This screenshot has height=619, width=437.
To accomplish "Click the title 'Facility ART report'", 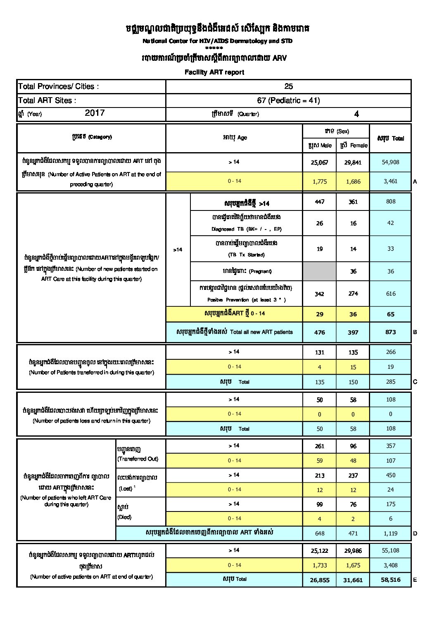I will [214, 72].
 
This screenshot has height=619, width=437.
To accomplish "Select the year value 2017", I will [95, 113].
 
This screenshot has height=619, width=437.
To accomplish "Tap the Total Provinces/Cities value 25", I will [288, 86].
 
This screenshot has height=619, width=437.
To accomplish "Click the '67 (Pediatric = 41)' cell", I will [288, 100].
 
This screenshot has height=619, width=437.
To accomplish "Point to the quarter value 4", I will [356, 114].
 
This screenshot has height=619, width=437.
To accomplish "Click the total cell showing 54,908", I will [390, 162].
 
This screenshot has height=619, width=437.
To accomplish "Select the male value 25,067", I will [319, 163].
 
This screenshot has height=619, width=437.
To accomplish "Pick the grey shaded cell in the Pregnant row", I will [319, 271].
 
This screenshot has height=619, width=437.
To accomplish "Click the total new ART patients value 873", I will [390, 332].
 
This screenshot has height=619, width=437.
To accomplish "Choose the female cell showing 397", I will [353, 332].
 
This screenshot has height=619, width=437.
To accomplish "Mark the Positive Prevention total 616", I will [390, 294].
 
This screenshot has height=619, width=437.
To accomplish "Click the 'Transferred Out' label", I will [138, 459].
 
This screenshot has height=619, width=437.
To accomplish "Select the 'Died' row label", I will [124, 517].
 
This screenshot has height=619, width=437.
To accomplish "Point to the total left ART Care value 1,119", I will [390, 533].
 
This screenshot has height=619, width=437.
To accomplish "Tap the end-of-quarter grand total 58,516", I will [390, 580].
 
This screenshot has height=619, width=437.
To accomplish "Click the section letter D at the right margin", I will [415, 533].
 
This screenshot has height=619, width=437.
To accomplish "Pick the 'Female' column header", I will [354, 146].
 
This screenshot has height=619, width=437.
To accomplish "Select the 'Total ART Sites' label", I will [47, 100].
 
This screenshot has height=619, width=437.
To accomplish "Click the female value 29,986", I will [353, 551].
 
